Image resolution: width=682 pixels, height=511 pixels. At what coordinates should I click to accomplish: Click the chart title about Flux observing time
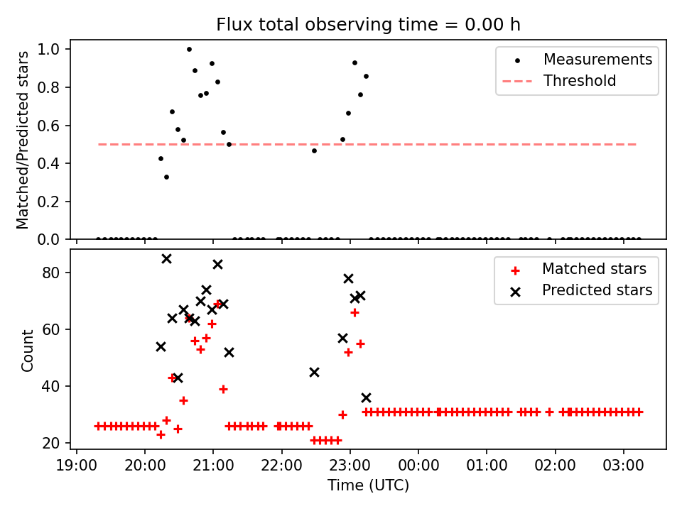point(369,25)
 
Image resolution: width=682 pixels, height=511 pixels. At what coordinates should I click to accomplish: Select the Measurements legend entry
point(597,60)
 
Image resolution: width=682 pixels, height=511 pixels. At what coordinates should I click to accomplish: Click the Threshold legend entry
point(580,81)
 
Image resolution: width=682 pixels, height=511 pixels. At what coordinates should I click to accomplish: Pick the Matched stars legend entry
point(594,269)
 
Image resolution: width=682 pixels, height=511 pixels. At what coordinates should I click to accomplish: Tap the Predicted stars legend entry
point(597,290)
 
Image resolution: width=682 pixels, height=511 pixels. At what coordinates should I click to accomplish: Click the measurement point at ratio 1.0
point(189,49)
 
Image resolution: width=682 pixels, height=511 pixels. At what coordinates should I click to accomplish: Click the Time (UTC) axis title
point(368,486)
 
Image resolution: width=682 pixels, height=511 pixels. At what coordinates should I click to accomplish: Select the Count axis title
point(28,350)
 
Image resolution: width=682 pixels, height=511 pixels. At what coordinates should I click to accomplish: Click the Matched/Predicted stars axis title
point(23,139)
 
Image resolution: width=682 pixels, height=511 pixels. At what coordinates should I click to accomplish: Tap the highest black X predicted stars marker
point(166,258)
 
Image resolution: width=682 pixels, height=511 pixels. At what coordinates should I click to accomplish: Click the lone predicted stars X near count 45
point(314,372)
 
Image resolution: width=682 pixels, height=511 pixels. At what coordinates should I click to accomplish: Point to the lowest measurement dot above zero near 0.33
point(166,177)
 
